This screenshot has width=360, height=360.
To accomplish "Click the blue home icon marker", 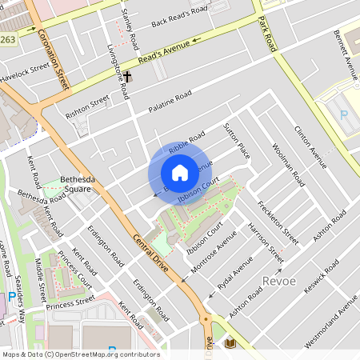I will click(180, 173).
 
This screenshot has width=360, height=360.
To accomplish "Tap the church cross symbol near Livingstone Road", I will click(126, 78).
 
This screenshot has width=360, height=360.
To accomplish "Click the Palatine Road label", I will click(170, 102).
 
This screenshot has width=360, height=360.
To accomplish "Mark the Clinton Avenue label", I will click(310, 147).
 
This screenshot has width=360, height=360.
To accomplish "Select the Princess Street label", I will click(70, 305).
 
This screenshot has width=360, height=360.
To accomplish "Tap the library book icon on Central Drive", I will click(230, 343).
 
